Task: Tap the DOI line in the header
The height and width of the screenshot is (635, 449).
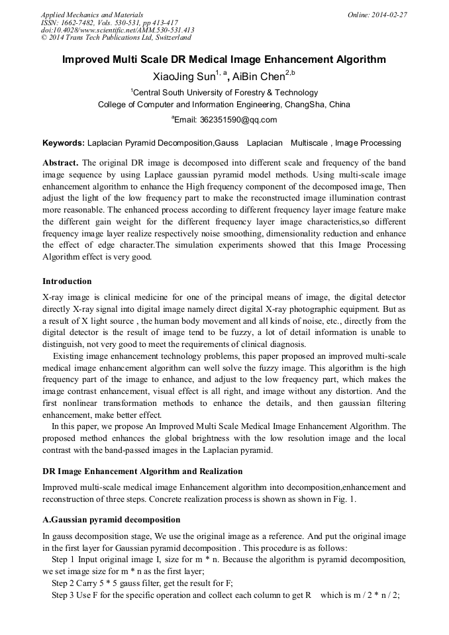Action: point(117,30)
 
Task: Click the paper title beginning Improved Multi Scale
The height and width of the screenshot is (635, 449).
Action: point(224,60)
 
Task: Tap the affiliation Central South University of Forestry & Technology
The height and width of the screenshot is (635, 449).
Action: point(225,93)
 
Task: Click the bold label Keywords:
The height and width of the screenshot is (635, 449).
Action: point(64,143)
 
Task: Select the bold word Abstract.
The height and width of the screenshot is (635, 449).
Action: point(60,163)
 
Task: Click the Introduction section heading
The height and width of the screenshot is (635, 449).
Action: point(67,281)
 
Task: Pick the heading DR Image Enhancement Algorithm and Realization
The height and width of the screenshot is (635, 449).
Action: point(142,471)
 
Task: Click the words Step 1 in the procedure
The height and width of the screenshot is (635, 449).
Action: point(64,560)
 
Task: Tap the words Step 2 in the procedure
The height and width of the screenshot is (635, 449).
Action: point(64,583)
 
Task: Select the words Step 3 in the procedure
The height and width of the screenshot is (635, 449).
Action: point(64,595)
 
